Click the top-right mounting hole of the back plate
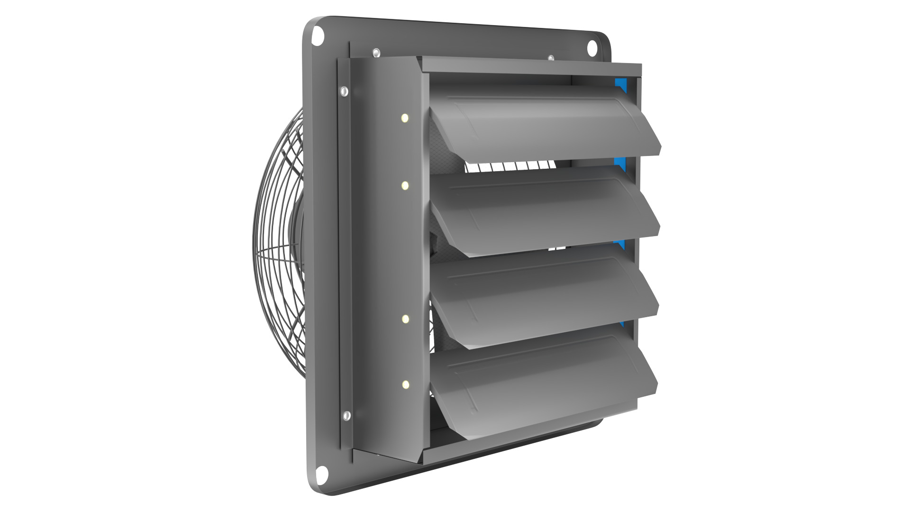click(592, 48)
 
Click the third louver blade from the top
click(545, 296)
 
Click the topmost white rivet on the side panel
click(405, 118)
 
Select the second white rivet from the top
click(405, 186)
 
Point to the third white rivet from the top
click(405, 319)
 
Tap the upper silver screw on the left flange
click(344, 90)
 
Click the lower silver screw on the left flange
click(346, 415)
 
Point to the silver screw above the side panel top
click(376, 52)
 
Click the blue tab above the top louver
click(620, 85)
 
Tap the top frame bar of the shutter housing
click(531, 66)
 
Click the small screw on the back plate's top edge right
click(551, 58)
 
